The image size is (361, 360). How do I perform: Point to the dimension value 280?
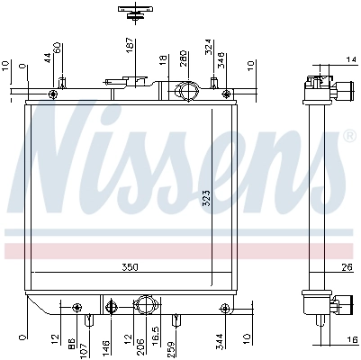(x=184, y=59)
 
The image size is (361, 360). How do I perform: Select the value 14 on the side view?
(x=350, y=59)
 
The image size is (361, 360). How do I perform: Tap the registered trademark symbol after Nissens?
(x=349, y=136)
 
